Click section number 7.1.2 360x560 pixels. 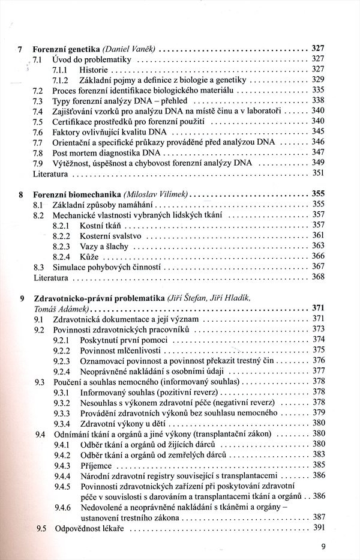coord(62,80)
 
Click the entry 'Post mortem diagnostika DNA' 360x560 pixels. coord(104,153)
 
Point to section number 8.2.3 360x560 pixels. coord(62,246)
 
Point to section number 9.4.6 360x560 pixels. coord(62,507)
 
